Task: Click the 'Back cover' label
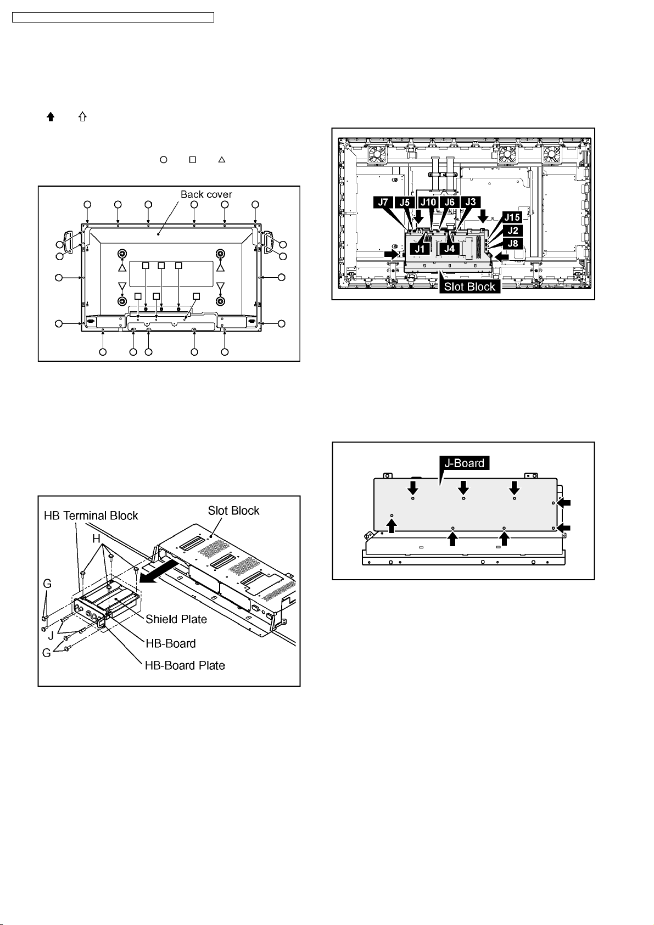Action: (206, 194)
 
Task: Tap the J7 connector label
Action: (383, 202)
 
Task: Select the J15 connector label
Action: (512, 217)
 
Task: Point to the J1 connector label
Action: (420, 248)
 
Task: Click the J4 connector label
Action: (450, 248)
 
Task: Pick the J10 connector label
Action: (428, 202)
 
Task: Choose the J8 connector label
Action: (512, 243)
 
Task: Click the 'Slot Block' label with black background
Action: (469, 287)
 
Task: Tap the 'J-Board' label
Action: (464, 463)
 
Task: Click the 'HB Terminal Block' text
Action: (91, 515)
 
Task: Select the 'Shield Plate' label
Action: (176, 619)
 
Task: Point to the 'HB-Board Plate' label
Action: (185, 665)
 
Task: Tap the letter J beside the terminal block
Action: (51, 636)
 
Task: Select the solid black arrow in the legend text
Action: (51, 116)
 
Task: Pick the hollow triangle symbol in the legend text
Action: (222, 160)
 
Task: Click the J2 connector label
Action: (512, 230)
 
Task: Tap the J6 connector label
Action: (449, 202)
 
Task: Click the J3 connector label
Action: (471, 202)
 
